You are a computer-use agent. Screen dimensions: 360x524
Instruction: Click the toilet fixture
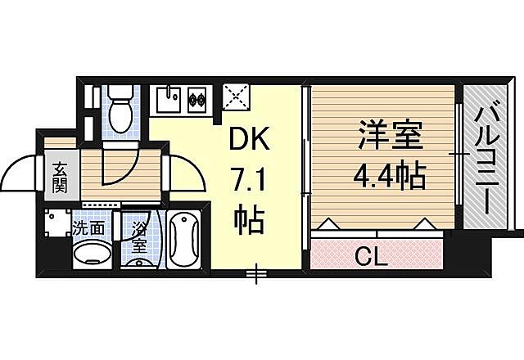point(120,113)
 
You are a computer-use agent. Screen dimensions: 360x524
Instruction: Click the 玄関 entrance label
point(61,177)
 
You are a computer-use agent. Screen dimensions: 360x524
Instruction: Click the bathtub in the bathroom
point(185,239)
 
